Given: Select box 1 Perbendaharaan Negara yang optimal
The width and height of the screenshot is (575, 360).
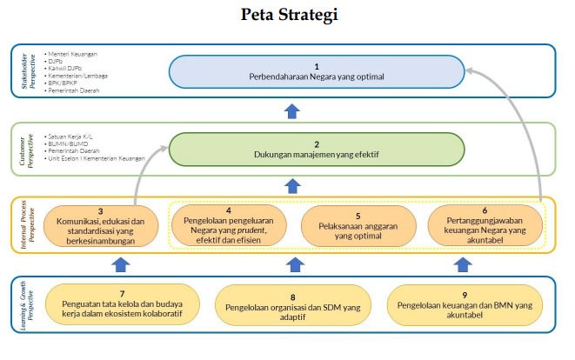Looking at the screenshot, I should tap(317, 72).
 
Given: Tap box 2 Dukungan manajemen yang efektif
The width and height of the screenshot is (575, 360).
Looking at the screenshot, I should tap(317, 150).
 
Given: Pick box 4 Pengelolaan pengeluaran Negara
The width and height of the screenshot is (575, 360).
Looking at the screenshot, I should tap(231, 225).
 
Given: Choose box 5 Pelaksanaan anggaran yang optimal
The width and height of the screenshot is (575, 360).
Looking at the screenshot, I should tap(358, 225).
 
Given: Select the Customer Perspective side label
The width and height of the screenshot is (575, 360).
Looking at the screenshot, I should tap(28, 149).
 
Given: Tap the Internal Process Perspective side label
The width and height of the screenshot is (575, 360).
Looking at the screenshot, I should tap(28, 225).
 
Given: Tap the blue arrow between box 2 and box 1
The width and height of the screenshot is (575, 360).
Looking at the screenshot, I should tap(292, 110).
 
